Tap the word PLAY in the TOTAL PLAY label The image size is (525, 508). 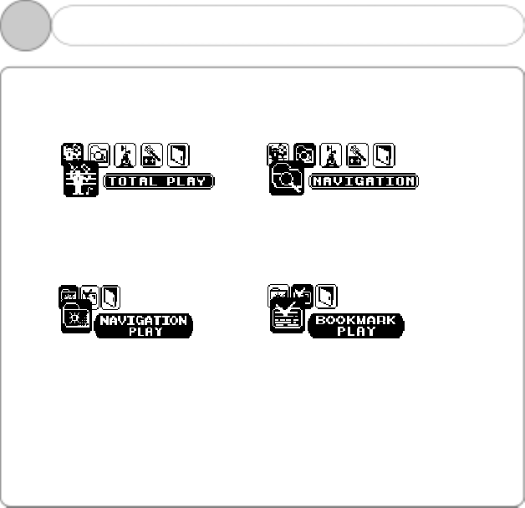coord(184,180)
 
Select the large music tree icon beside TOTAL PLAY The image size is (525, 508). coord(81,179)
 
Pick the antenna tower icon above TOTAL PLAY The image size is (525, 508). coord(125,155)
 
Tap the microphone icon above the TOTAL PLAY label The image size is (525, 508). coord(151,155)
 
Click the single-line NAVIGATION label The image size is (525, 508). coord(364,180)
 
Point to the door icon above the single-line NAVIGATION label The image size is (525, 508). coord(384,155)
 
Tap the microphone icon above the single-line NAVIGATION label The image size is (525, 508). coord(357,155)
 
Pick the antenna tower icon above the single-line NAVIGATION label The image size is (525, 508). coord(330,155)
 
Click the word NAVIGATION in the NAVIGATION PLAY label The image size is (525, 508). coord(143,320)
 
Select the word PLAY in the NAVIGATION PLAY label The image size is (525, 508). coord(144,332)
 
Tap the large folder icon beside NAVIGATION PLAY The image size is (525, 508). coord(76,317)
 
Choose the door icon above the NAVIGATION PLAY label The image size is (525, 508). coord(110,295)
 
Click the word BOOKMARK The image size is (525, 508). coord(356,320)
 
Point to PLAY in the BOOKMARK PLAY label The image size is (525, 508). coord(356,332)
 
